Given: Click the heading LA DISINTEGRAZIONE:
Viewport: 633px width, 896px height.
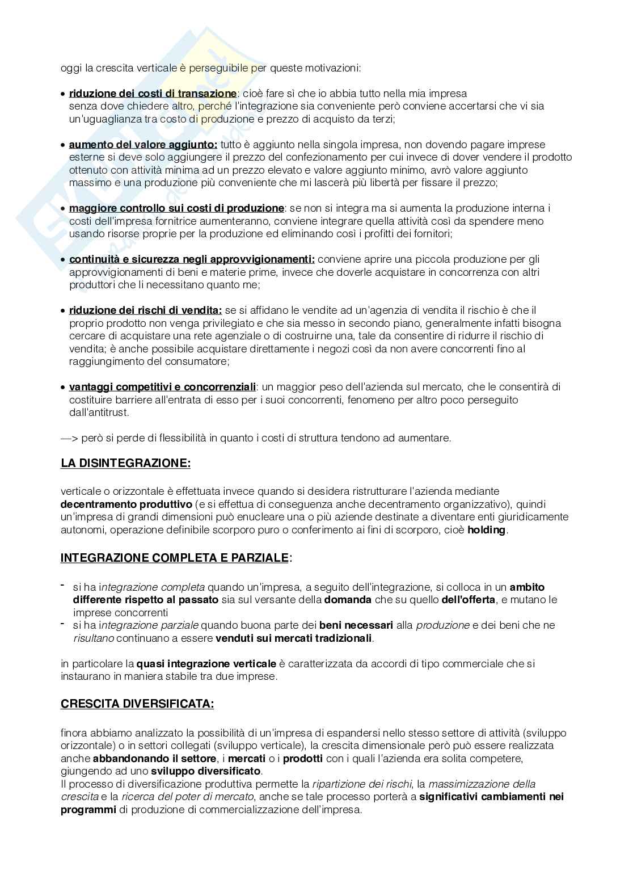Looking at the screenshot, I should [126, 463].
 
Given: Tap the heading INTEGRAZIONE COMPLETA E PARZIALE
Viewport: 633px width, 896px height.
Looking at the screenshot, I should [175, 558].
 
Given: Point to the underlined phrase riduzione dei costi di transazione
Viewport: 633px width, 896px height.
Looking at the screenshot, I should [153, 93].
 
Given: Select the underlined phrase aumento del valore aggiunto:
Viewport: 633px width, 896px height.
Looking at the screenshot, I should [143, 144].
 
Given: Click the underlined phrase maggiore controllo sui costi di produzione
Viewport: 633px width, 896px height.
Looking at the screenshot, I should [176, 208].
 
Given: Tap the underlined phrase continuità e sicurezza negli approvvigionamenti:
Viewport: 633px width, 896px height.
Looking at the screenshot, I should [192, 259].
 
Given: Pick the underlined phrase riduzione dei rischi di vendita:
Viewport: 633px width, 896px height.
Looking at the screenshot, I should [145, 310].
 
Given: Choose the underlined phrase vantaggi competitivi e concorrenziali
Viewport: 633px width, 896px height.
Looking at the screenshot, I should [162, 387].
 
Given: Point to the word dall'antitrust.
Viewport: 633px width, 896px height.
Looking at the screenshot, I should [99, 413].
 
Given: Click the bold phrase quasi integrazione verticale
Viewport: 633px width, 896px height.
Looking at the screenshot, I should [206, 663].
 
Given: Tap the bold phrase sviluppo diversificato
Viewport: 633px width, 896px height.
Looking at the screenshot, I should [206, 771].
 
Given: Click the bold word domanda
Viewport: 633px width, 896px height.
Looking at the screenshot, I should [348, 599].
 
